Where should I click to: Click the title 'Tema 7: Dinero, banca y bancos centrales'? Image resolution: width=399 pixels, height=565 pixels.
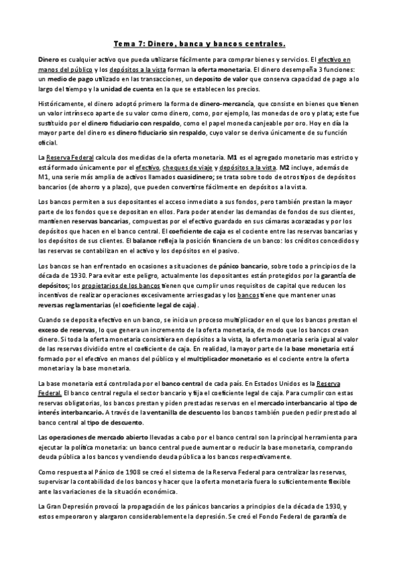(199, 45)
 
